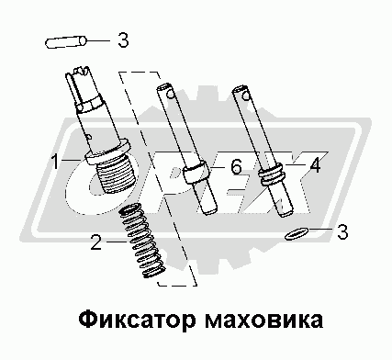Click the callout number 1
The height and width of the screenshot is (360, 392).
(55, 162)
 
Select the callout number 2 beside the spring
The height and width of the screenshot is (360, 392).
(95, 242)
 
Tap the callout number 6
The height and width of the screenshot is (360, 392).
(236, 167)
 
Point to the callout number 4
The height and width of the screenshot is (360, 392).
(315, 165)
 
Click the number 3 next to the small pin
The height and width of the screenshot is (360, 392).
(123, 39)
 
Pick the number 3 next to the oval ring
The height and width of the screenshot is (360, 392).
(342, 231)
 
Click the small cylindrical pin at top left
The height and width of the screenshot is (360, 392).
(66, 42)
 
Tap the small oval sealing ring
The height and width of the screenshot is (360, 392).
(296, 233)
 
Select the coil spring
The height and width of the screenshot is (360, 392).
(141, 241)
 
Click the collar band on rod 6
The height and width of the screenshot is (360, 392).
(196, 173)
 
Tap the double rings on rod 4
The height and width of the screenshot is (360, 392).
(273, 176)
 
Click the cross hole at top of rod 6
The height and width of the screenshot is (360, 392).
(171, 95)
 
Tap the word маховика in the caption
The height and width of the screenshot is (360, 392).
(263, 320)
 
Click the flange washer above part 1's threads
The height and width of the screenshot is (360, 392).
(107, 152)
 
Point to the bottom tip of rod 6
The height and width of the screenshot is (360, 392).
(211, 212)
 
